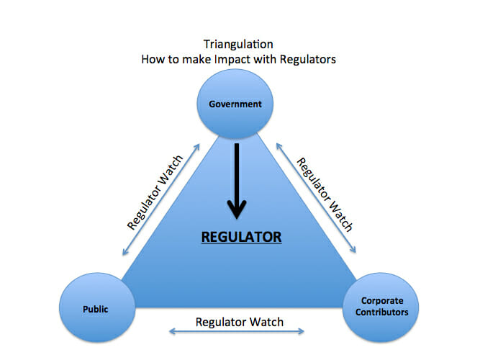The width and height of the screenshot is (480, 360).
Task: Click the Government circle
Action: [235, 104]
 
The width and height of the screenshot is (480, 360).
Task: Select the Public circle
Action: [97, 307]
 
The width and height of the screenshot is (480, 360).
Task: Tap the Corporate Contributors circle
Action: [381, 307]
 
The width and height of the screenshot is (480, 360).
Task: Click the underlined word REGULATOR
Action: [241, 237]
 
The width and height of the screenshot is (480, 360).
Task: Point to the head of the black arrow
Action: [237, 219]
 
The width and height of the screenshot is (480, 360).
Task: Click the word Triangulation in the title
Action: [238, 44]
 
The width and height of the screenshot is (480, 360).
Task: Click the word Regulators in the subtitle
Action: [308, 59]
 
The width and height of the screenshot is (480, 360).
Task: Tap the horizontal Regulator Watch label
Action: [240, 322]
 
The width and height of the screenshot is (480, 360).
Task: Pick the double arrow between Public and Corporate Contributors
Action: [237, 331]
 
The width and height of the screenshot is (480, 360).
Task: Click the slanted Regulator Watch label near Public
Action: [155, 192]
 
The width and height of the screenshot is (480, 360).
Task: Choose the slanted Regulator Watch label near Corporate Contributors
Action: [325, 194]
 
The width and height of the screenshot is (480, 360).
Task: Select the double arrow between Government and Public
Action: [161, 199]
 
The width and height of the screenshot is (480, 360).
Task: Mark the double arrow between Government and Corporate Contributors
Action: [316, 198]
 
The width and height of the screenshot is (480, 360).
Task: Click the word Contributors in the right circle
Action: [381, 312]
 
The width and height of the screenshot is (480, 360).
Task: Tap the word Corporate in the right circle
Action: [382, 301]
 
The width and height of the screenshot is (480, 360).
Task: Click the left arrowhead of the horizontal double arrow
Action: [172, 331]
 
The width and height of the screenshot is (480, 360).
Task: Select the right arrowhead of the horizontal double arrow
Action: [302, 331]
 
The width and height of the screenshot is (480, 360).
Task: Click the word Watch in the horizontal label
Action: [266, 322]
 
